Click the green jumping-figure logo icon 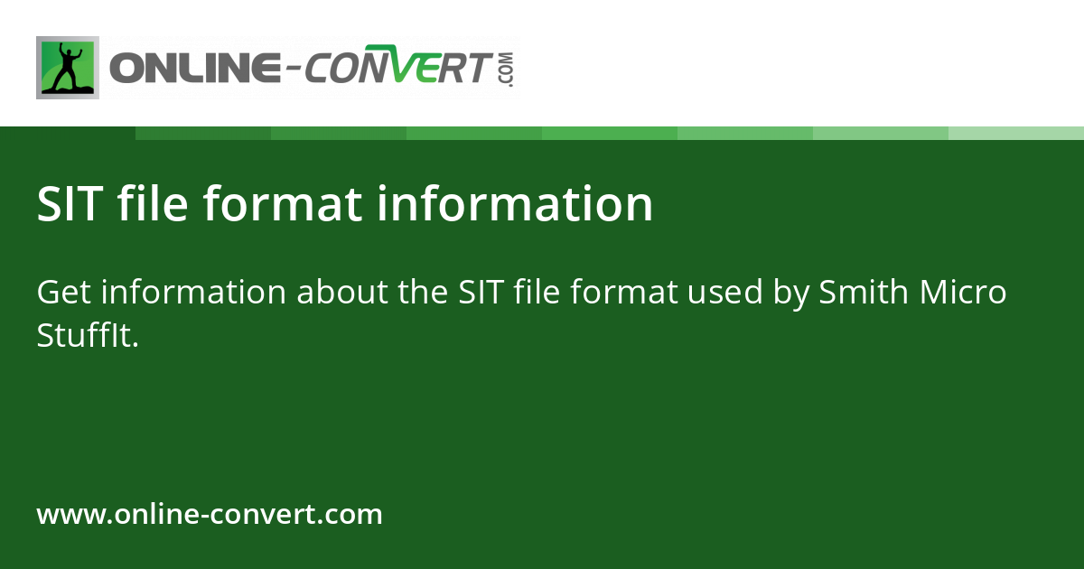(68, 68)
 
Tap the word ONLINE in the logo (194, 70)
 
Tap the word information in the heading (515, 204)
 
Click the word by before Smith (790, 294)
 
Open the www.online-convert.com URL (210, 515)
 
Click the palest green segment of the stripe (1016, 133)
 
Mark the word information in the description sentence (194, 293)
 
